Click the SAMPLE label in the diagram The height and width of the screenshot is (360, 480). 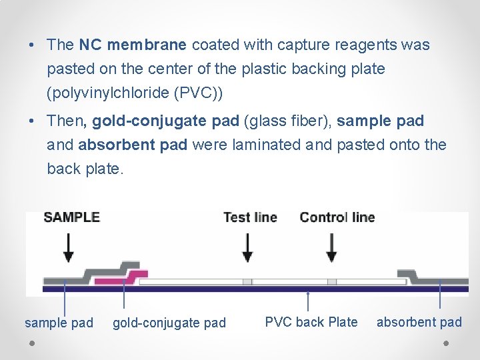pos(71,217)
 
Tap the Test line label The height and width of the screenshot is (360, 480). pos(250,217)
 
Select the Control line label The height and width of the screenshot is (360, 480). pos(337,217)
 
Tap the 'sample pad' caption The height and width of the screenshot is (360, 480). pos(59,323)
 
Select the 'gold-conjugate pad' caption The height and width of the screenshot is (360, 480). pos(169,323)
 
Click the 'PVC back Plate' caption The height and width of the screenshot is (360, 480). pos(311,322)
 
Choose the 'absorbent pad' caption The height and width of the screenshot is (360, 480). pos(419,322)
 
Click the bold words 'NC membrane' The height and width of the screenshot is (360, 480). pos(133,45)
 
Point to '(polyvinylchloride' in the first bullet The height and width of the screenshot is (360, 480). pos(107,93)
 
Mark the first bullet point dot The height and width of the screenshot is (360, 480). pos(32,46)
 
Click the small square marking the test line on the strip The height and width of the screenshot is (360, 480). pos(247,282)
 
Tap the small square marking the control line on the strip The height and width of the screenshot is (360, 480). pos(331,282)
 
